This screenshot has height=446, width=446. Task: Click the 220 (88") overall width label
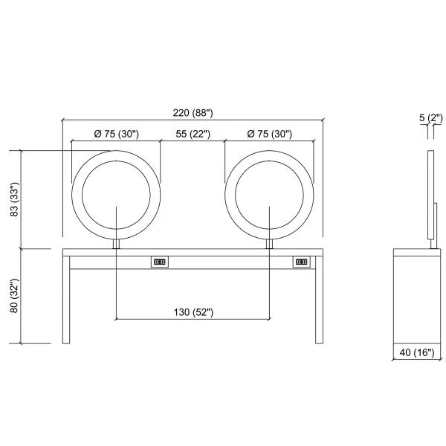tap(193, 113)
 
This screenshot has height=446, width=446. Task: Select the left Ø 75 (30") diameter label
tap(117, 134)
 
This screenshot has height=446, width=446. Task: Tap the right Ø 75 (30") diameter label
tap(269, 134)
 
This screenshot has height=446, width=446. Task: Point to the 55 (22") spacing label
tap(193, 134)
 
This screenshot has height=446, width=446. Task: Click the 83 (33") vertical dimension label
tap(14, 199)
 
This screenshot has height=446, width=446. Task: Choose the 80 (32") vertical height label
tap(14, 296)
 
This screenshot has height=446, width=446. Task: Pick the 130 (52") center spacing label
tap(193, 312)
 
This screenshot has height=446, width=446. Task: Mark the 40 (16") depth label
tap(417, 352)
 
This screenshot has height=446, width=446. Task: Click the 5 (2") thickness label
tap(431, 117)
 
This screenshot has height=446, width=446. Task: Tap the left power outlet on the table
tap(160, 262)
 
